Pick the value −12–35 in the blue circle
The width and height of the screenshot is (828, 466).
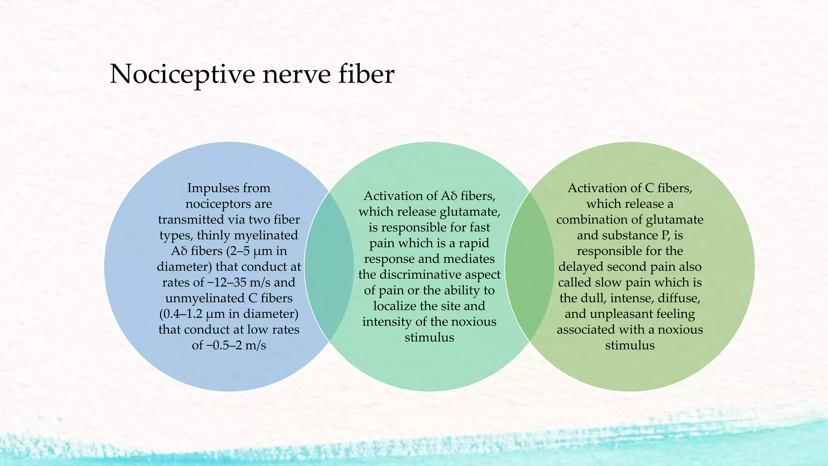pyautogui.click(x=230, y=282)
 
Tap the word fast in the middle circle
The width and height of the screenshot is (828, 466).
pyautogui.click(x=480, y=227)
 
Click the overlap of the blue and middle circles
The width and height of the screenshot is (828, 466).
pyautogui.click(x=329, y=267)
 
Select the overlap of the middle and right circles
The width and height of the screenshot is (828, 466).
pyautogui.click(x=530, y=267)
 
